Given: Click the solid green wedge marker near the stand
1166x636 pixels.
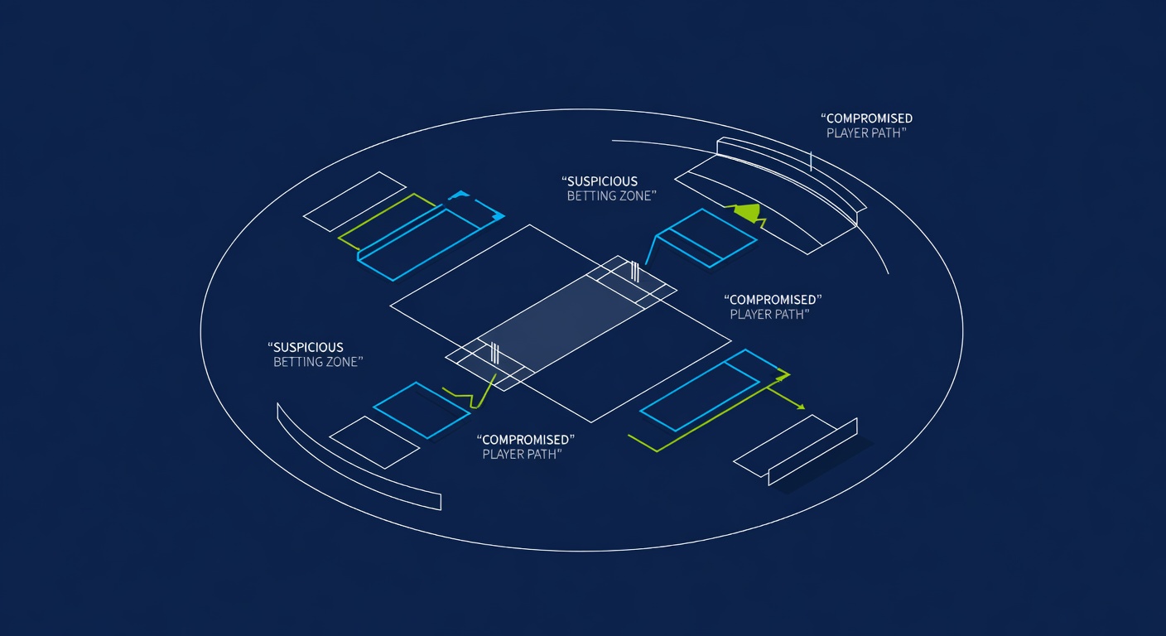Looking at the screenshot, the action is (x=748, y=212).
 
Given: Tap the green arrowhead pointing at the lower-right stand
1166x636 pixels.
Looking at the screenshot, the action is (x=802, y=407).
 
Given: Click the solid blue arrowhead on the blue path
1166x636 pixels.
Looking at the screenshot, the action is (x=499, y=216).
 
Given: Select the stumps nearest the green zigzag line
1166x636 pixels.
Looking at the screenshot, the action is (x=494, y=353).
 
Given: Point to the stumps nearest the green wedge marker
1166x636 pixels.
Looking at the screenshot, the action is (x=635, y=271).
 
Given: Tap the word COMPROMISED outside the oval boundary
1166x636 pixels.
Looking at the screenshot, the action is (x=867, y=118).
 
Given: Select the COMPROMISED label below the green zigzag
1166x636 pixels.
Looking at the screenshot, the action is (x=526, y=440).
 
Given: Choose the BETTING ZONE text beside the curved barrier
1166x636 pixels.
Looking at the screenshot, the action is (x=318, y=362).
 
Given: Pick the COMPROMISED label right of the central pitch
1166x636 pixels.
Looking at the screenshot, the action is (x=773, y=300).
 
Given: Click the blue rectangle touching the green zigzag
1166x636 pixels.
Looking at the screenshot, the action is (x=422, y=410).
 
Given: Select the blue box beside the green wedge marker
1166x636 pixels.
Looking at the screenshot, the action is (x=707, y=238).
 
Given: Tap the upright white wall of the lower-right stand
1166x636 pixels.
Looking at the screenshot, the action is (x=812, y=452).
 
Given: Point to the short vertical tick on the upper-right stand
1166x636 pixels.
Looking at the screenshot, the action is (x=811, y=161).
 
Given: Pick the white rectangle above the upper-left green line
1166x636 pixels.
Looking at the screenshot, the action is (x=354, y=201).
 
